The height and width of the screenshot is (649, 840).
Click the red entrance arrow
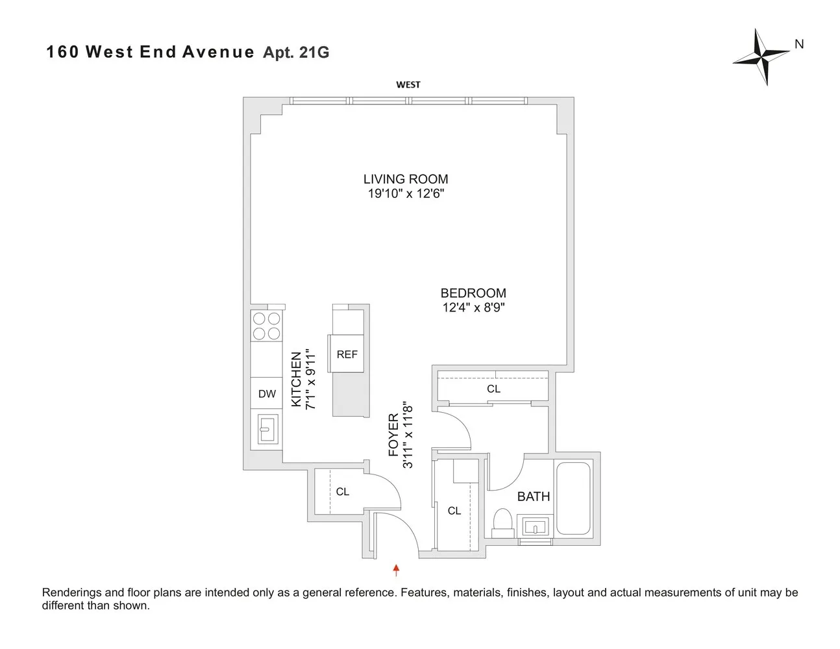tap(396, 570)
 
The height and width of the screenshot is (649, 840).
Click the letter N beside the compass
tap(799, 44)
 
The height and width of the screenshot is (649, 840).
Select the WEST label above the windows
tap(408, 84)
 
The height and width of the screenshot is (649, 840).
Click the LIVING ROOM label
tap(405, 179)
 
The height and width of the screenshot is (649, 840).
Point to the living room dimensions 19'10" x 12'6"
tap(405, 193)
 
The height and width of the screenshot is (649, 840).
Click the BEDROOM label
tap(473, 293)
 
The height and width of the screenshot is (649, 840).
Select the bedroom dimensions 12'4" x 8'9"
tap(473, 308)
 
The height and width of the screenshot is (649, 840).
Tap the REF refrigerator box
tap(347, 354)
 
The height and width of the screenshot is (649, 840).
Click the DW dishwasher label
tap(267, 394)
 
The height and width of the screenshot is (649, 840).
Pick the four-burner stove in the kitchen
tap(266, 326)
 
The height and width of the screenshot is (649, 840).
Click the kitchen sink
tap(267, 429)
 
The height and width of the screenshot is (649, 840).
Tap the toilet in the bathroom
tap(502, 523)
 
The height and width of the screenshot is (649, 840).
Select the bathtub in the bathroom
tap(573, 498)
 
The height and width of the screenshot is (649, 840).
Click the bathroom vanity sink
tap(535, 526)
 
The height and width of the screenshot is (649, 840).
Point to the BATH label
tap(533, 496)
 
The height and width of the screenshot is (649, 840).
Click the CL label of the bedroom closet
tap(493, 389)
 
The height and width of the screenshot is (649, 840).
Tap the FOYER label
tap(393, 435)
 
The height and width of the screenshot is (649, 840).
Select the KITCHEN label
tap(297, 380)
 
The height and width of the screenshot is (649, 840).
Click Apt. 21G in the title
tap(296, 53)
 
